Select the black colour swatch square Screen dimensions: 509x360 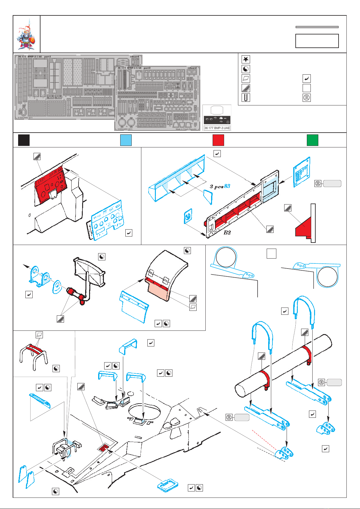tap(24, 140)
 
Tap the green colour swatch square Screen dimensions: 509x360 tap(312, 140)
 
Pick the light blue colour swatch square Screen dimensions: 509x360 tap(126, 140)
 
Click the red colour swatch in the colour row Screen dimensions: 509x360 tap(218, 140)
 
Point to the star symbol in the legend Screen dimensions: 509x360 tap(246, 59)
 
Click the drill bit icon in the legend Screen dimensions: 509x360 tap(246, 98)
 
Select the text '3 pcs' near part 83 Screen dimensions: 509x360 tap(217, 187)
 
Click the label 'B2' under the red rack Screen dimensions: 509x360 tap(227, 232)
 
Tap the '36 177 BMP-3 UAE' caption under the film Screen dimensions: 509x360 tap(217, 128)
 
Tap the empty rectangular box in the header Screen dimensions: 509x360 tap(317, 41)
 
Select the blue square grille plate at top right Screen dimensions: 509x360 tap(302, 172)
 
